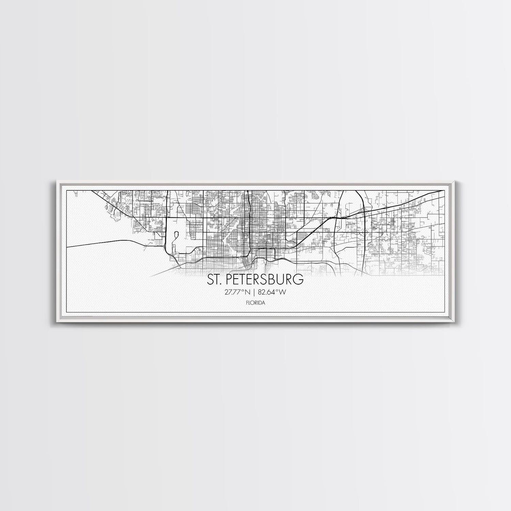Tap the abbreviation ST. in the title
(x=214, y=280)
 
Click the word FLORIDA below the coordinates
(x=255, y=301)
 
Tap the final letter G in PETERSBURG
(x=298, y=280)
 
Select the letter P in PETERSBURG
(x=228, y=280)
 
